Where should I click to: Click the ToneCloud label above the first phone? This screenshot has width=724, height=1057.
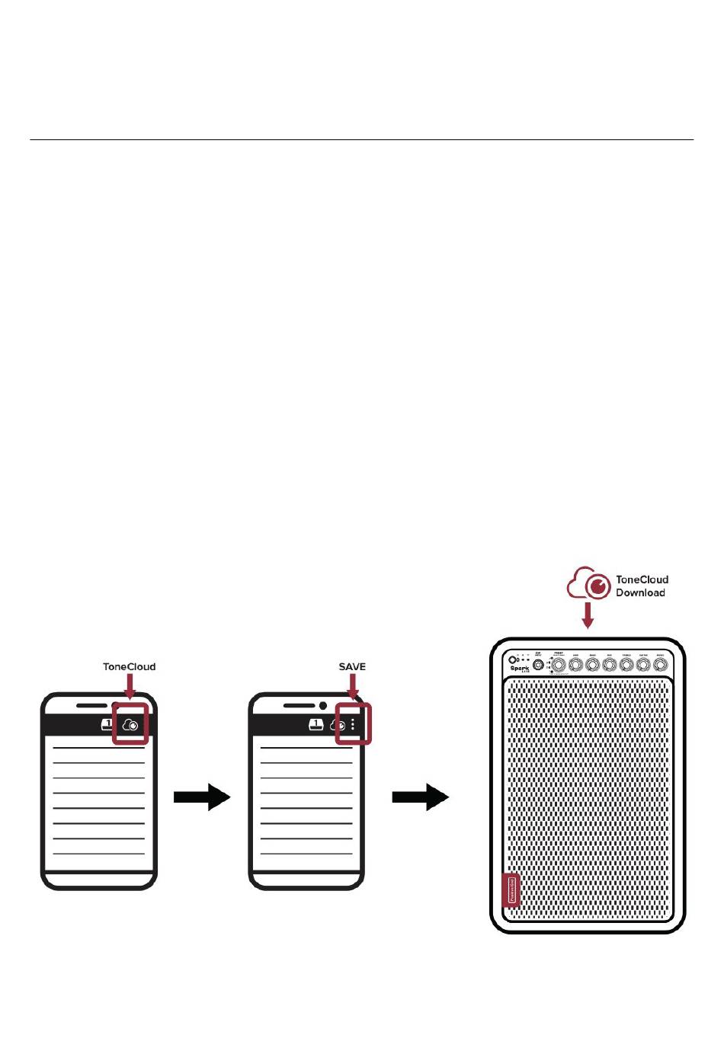tap(129, 666)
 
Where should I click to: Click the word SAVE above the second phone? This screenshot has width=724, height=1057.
tap(352, 666)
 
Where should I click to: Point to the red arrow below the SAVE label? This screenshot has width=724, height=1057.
tap(352, 687)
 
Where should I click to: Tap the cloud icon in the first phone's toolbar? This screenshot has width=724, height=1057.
tap(130, 725)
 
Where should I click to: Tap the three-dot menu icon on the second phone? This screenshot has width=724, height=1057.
tap(353, 724)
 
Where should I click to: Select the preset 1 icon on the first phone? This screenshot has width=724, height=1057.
tap(107, 724)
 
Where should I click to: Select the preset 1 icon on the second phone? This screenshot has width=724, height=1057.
tap(316, 724)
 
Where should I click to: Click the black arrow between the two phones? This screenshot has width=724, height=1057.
tap(202, 797)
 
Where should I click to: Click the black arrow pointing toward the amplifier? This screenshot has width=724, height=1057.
tap(420, 797)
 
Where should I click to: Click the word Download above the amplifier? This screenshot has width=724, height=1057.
tap(640, 592)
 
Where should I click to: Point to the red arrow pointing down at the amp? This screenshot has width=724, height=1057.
tap(588, 615)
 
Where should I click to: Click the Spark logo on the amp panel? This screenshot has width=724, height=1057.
tap(520, 669)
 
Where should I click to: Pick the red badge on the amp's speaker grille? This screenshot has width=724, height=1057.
tap(511, 890)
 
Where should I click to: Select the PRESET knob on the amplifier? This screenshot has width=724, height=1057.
tap(559, 665)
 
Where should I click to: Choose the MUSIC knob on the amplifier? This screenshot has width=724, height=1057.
tap(659, 665)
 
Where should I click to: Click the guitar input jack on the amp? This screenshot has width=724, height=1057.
tap(540, 666)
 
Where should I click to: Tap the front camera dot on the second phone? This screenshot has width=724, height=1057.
tap(323, 705)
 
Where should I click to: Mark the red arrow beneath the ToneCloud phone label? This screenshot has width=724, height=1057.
tap(129, 687)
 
